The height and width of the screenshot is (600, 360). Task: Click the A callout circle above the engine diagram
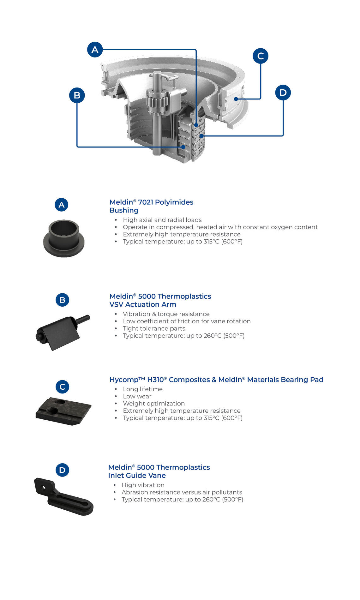coord(95,50)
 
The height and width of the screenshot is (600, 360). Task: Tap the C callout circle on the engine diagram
coord(261,56)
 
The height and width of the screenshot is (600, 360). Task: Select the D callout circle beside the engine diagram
coord(283,93)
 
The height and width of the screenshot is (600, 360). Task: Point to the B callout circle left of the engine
coord(77,95)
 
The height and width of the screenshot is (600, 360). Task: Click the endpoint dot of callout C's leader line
coord(236,99)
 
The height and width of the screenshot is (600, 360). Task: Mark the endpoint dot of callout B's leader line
coord(183,147)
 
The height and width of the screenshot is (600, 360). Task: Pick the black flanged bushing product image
coord(64,238)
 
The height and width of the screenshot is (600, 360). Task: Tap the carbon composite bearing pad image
coord(63,411)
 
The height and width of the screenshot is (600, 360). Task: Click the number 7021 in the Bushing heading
coord(146,202)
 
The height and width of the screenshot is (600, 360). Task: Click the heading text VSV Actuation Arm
coord(143,304)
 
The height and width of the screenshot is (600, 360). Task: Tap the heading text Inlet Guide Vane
coord(137,476)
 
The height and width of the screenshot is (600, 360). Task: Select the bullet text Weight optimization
coord(154,404)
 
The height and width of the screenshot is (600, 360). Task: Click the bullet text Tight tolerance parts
coord(154,328)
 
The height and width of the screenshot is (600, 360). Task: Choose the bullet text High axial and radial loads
coord(162,220)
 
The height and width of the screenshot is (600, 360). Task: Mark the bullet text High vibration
coord(143,485)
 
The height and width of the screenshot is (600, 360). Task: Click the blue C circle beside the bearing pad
coord(63,387)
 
